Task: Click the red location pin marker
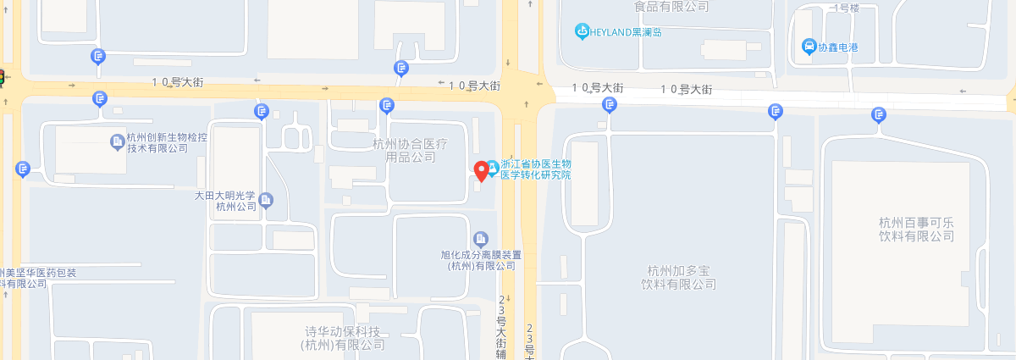482,170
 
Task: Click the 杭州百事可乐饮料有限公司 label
916,230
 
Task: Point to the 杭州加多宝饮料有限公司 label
679,278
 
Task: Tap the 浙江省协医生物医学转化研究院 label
536,169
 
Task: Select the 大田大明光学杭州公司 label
224,200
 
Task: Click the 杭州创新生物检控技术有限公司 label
168,143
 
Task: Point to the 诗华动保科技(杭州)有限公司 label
344,338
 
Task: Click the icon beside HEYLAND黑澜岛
582,32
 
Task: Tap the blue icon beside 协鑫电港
809,47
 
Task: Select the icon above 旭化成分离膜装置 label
481,239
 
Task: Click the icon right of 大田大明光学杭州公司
267,200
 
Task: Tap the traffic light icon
2,78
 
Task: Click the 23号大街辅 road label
501,327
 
